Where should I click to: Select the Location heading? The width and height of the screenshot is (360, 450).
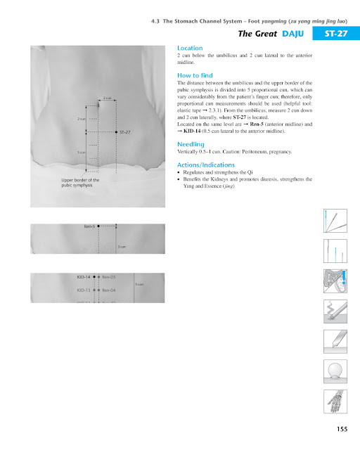[x=190, y=48]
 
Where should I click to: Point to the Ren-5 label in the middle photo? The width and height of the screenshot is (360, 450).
[x=89, y=226]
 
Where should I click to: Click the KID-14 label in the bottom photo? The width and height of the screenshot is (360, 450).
[x=84, y=277]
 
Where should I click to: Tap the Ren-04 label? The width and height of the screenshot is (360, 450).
[x=110, y=289]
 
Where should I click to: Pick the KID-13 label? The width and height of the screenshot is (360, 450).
[x=84, y=289]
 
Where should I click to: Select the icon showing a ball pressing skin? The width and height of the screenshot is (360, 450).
[x=335, y=370]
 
